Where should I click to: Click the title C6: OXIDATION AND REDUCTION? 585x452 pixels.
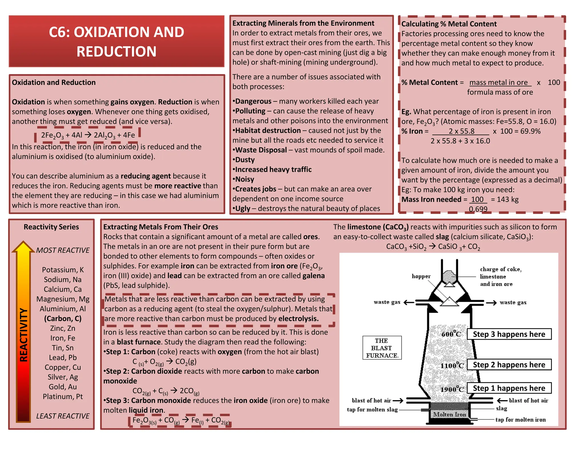click(x=116, y=41)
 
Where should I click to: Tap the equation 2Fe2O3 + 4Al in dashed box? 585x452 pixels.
click(x=88, y=135)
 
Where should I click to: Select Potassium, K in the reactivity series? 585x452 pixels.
click(x=63, y=270)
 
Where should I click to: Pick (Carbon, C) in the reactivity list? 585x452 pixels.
click(x=63, y=319)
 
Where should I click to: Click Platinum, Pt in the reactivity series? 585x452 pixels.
click(x=63, y=397)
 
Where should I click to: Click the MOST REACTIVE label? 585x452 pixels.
click(x=63, y=250)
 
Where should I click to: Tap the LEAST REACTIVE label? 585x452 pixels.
click(x=63, y=416)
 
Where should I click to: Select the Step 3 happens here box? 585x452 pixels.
click(x=509, y=334)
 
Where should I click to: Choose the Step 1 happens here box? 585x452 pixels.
click(x=509, y=388)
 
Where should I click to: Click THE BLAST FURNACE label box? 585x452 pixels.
click(x=382, y=348)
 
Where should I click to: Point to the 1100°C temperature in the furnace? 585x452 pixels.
click(x=452, y=365)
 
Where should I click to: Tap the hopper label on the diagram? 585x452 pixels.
click(x=421, y=276)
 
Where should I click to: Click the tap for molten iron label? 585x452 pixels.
click(x=520, y=419)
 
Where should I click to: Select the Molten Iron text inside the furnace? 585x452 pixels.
click(x=450, y=414)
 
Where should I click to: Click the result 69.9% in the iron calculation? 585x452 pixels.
click(x=530, y=131)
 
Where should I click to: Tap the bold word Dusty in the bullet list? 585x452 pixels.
click(x=245, y=160)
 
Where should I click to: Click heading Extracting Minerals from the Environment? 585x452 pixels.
click(x=303, y=23)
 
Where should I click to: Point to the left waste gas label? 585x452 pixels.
click(x=387, y=302)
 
